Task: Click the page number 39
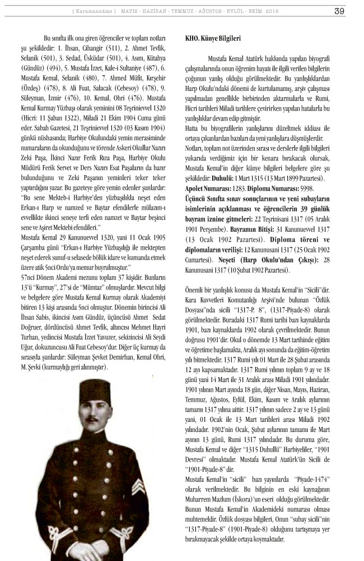point(339,10)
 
